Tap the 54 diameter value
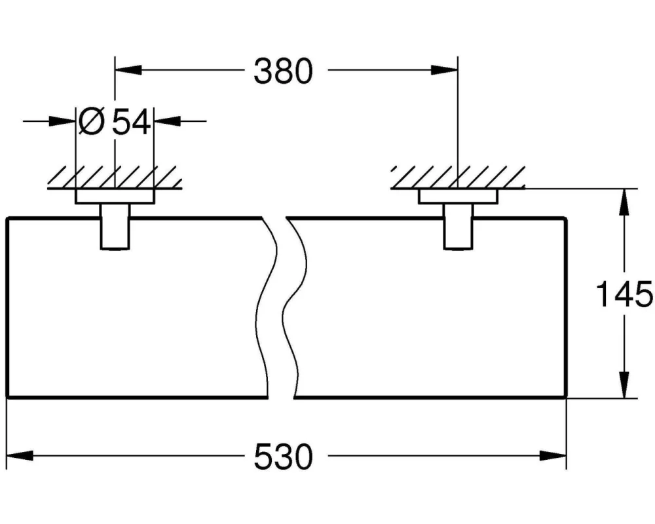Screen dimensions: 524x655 [131, 122]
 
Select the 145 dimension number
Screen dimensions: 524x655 [624, 294]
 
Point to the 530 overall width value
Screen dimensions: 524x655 [283, 457]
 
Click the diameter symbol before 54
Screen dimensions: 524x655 [92, 122]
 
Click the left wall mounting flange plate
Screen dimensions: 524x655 [115, 197]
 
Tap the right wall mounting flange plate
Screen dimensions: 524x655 [458, 197]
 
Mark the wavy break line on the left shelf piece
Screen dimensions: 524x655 [270, 308]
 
